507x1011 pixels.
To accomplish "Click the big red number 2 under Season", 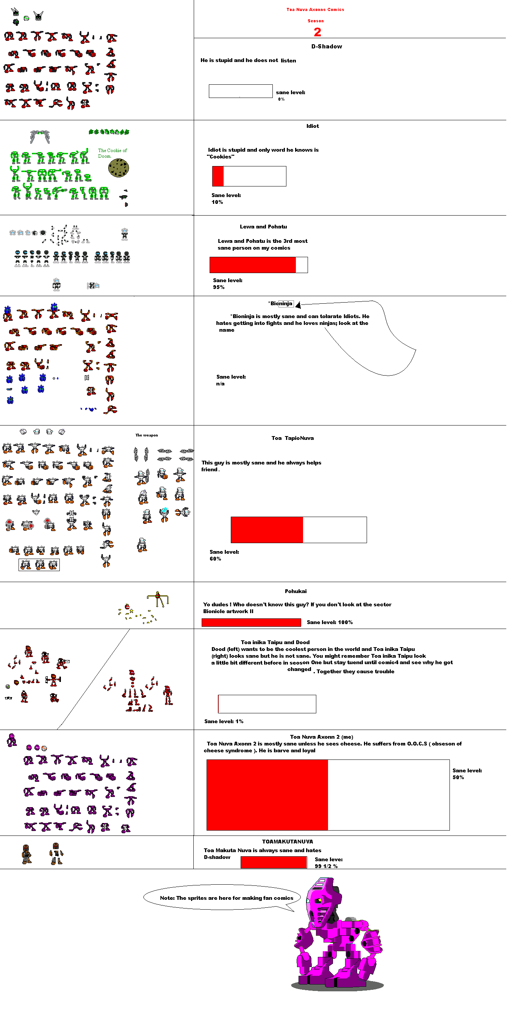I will click(x=317, y=32).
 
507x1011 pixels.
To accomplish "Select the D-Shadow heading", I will click(x=327, y=46).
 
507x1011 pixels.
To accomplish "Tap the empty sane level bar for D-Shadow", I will click(x=241, y=91).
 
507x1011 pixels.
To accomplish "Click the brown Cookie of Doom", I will click(x=118, y=168).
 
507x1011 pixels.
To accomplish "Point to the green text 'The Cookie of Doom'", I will click(x=112, y=153).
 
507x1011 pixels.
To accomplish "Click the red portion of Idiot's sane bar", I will click(x=218, y=176).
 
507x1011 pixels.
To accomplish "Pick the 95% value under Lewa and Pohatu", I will click(x=219, y=287).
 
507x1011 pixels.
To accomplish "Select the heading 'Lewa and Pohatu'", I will click(x=263, y=227).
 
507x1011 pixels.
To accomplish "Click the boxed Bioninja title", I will click(x=281, y=303).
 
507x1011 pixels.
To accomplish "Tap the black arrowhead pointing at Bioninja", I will click(x=298, y=304).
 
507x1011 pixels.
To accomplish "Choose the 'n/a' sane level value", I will click(x=220, y=384).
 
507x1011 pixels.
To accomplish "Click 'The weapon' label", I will click(x=146, y=435).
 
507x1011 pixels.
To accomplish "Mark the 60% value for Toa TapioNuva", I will click(x=215, y=559).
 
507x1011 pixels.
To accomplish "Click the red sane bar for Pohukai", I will click(x=251, y=622).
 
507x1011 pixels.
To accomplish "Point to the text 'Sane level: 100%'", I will click(x=330, y=622).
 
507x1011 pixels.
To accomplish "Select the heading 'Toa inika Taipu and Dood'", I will click(x=275, y=642).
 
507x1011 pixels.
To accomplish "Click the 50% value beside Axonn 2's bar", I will click(x=458, y=777).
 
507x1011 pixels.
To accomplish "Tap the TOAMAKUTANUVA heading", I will click(x=288, y=842).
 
